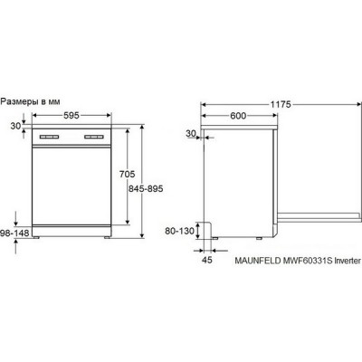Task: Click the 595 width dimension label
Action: (72, 115)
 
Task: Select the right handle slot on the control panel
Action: (93, 138)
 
